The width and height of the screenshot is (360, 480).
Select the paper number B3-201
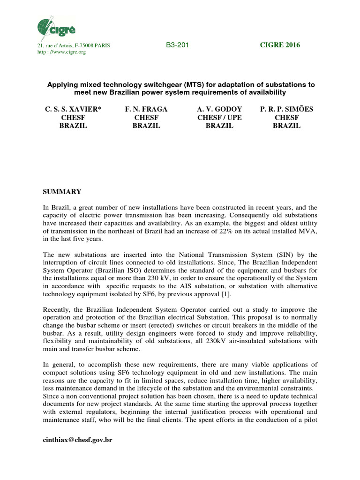click(x=177, y=45)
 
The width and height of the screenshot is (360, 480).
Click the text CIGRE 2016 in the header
click(x=280, y=45)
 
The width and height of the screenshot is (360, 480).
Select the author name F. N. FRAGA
click(x=146, y=109)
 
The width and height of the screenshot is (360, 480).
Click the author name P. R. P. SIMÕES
click(x=286, y=109)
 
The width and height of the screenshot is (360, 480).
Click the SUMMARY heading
click(x=62, y=192)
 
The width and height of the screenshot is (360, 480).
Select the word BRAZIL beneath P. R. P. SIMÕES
click(x=286, y=126)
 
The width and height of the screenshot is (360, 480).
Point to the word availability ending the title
click(x=277, y=93)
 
